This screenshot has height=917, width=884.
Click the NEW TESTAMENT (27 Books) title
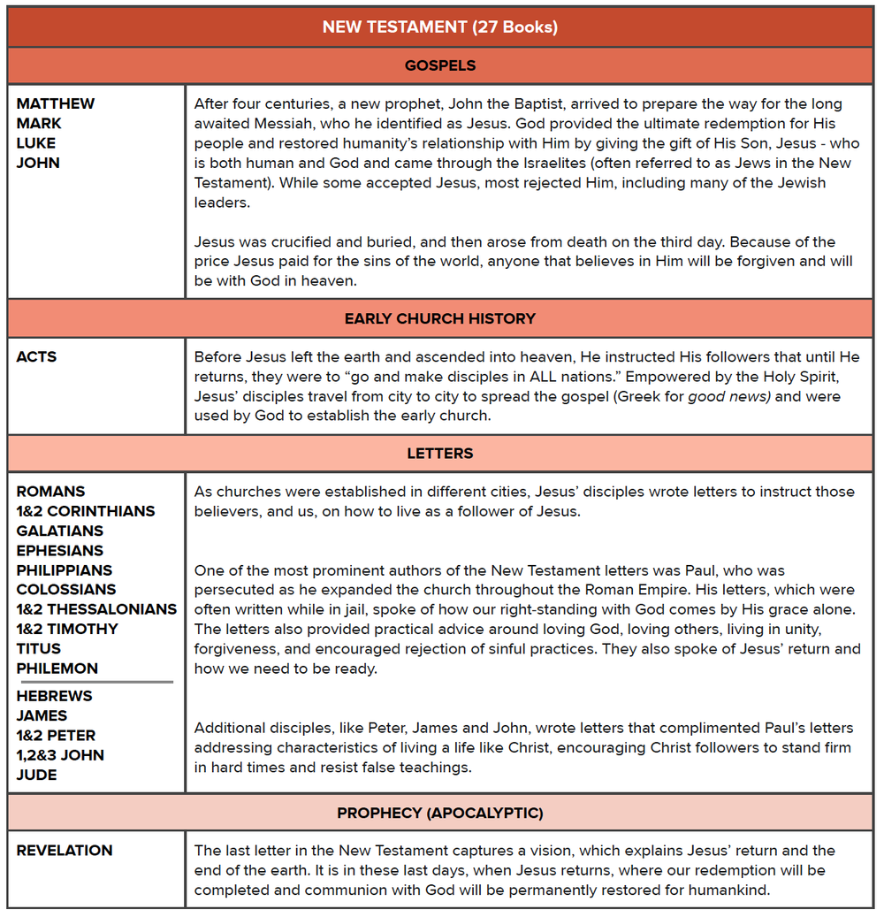pos(439,27)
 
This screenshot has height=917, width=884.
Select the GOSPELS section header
pos(439,65)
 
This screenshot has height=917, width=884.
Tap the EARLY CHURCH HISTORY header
pos(439,318)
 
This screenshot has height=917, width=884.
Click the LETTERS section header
pos(439,453)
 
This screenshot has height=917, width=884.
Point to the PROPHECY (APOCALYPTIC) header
pos(439,813)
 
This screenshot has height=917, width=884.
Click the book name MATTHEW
pos(55,103)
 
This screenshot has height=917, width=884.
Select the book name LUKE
pos(35,143)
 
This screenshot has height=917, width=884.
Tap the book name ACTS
pos(36,357)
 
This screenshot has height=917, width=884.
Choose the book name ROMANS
pos(50,492)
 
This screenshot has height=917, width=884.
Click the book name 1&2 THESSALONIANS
pos(96,609)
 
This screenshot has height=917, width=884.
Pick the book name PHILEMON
pos(57,669)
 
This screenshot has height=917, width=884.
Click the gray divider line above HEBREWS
pos(95,682)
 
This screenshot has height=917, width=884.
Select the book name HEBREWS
pos(54,696)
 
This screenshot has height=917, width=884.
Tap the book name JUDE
pos(36,775)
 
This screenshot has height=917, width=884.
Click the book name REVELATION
pos(65,851)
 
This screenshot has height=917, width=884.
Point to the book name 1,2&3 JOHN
pos(60,755)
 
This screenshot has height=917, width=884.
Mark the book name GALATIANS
pos(59,531)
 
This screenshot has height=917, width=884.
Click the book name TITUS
pos(38,649)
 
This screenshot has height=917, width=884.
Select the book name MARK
pos(39,124)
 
